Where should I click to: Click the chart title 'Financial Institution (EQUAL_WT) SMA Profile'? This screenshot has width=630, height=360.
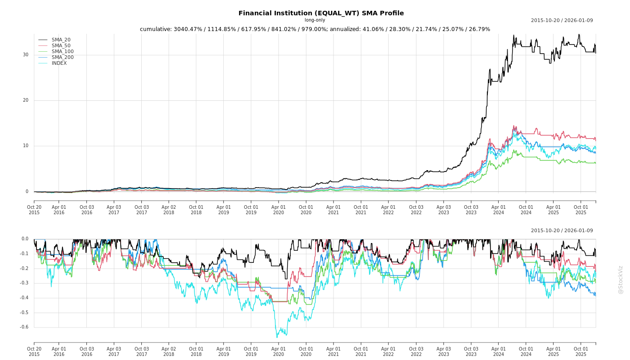(x=321, y=13)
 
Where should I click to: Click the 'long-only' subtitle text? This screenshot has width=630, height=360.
(x=315, y=20)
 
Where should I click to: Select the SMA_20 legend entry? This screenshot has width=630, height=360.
(x=61, y=40)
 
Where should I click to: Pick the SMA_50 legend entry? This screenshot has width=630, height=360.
(x=61, y=46)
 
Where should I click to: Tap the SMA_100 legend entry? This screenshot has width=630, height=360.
(x=63, y=52)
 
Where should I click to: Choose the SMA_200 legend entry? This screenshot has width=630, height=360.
(x=63, y=58)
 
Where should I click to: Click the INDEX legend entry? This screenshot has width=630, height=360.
(x=59, y=63)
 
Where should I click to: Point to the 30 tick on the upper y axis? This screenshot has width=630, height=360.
(x=26, y=55)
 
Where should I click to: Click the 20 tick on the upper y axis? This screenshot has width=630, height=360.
(x=26, y=100)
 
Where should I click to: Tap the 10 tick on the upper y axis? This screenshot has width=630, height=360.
(x=26, y=146)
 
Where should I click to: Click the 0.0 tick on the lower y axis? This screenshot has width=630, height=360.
(x=25, y=239)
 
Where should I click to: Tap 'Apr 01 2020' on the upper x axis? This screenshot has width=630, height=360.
(x=279, y=210)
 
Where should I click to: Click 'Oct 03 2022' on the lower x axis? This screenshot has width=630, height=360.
(x=416, y=352)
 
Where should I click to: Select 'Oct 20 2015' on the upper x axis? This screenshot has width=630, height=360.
(x=34, y=210)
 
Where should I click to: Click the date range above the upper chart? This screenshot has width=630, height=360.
(x=562, y=21)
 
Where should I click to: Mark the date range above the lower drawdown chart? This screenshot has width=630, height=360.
(x=562, y=231)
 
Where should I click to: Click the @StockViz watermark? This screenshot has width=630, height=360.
(x=621, y=279)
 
